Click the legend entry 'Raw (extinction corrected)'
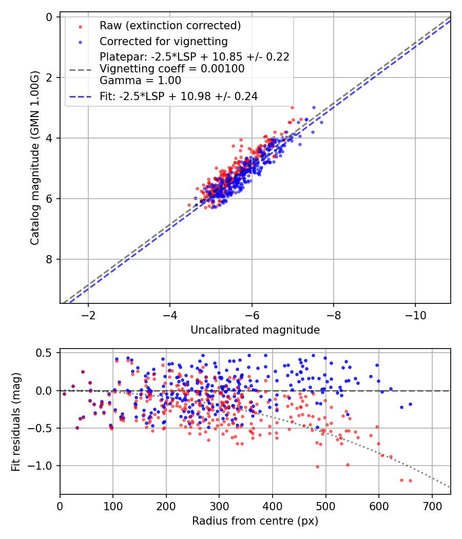pyautogui.click(x=170, y=26)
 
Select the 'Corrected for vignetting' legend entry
pyautogui.click(x=164, y=41)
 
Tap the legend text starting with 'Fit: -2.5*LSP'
pyautogui.click(x=179, y=96)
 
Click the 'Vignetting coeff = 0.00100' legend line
pyautogui.click(x=172, y=69)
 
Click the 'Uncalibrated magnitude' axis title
pyautogui.click(x=255, y=330)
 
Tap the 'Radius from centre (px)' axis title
pyautogui.click(x=255, y=521)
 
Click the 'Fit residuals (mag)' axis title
pyautogui.click(x=16, y=421)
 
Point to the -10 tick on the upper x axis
pyautogui.click(x=415, y=314)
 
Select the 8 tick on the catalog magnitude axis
pyautogui.click(x=49, y=259)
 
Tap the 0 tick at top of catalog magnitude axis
pyautogui.click(x=49, y=17)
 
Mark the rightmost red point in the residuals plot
pyautogui.click(x=410, y=480)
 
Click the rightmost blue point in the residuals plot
pyautogui.click(x=410, y=404)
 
